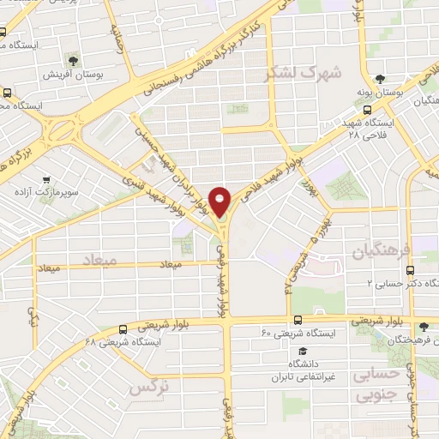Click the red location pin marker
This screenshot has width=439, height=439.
tap(221, 201)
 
